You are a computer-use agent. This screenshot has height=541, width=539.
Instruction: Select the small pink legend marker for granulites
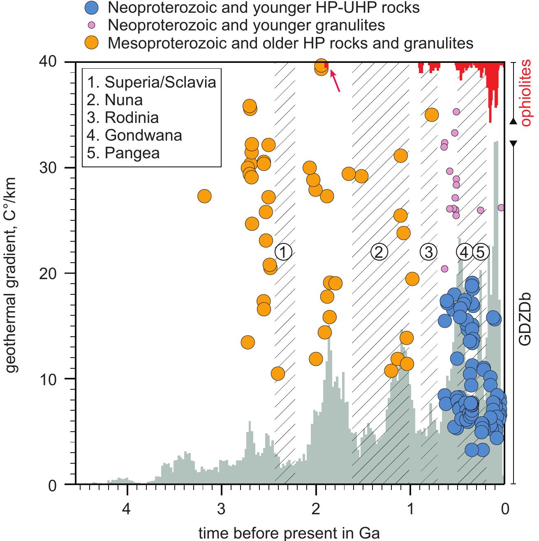coord(92,25)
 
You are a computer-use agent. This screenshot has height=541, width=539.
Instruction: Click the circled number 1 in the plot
coord(283,252)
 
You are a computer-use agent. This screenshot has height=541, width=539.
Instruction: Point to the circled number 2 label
coord(379,252)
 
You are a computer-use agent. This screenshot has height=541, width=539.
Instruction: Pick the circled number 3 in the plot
coord(428,252)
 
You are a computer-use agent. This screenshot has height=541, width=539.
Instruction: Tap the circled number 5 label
coord(480,252)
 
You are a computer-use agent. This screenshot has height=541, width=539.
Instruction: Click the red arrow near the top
coord(335,81)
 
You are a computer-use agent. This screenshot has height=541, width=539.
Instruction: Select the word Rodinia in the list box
coord(131,118)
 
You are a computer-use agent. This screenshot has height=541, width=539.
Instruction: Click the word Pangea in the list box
coord(132,153)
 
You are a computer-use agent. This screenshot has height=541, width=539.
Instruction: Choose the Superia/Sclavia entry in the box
coord(160,82)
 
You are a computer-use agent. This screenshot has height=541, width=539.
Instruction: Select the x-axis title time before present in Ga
coord(289,533)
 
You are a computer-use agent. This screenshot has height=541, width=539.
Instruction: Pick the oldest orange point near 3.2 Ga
coord(204,197)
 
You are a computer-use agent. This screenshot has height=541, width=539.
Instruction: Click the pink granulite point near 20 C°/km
coord(444,268)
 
